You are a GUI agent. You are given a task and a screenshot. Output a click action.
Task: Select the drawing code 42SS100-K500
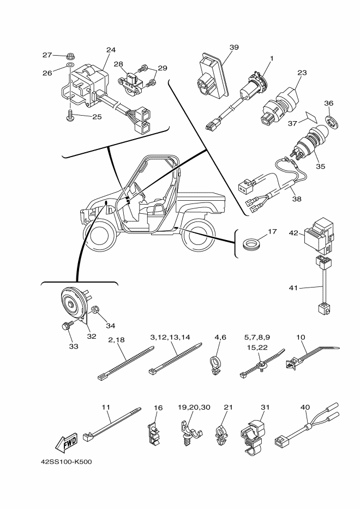(66, 462)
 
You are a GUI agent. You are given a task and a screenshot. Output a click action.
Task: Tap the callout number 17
(272, 231)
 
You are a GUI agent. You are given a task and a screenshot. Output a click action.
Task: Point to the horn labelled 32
(73, 303)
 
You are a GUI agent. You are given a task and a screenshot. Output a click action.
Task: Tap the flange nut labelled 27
(69, 56)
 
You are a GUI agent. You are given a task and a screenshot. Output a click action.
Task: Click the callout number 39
(234, 48)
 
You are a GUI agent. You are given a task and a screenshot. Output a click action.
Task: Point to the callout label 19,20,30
(194, 408)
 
